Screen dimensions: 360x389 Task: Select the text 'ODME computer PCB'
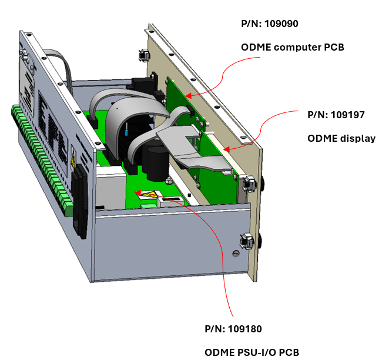[x=292, y=46]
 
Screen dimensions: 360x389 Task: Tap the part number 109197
[x=336, y=115]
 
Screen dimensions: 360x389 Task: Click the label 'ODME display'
[x=341, y=138]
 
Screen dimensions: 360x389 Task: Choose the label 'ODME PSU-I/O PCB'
[x=251, y=352]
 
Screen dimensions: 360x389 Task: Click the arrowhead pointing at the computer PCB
[x=187, y=94]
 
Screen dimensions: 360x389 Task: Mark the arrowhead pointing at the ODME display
[x=225, y=149]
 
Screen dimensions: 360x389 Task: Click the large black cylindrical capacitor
[x=158, y=159]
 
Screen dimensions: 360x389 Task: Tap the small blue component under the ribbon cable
[x=126, y=133]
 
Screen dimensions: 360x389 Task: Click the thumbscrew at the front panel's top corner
[x=143, y=55]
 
